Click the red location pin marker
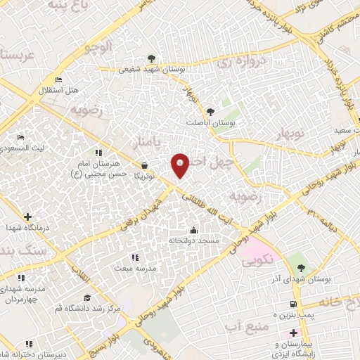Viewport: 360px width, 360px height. tap(180, 165)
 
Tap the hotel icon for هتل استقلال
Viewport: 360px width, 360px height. tap(58, 80)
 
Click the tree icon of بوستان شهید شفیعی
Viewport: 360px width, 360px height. tap(153, 59)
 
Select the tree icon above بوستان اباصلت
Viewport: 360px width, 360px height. tap(210, 112)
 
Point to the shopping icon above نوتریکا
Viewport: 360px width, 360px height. tap(144, 165)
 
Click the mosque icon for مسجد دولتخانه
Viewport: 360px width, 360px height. tap(193, 230)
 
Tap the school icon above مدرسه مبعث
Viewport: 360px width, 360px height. tap(134, 258)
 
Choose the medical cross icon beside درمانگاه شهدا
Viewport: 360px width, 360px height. tap(27, 217)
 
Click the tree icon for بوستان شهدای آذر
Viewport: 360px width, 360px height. tap(302, 267)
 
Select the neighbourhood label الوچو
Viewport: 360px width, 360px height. tap(97, 48)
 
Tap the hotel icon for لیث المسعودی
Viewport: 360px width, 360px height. tap(20, 137)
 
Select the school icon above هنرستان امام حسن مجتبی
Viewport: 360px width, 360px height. tap(98, 152)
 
